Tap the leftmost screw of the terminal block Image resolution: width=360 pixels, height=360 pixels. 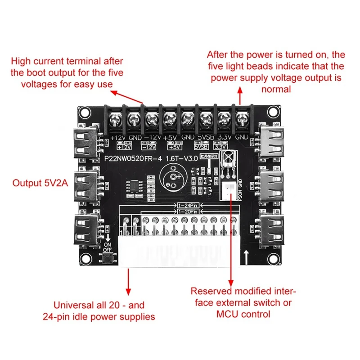pyautogui.click(x=115, y=120)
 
